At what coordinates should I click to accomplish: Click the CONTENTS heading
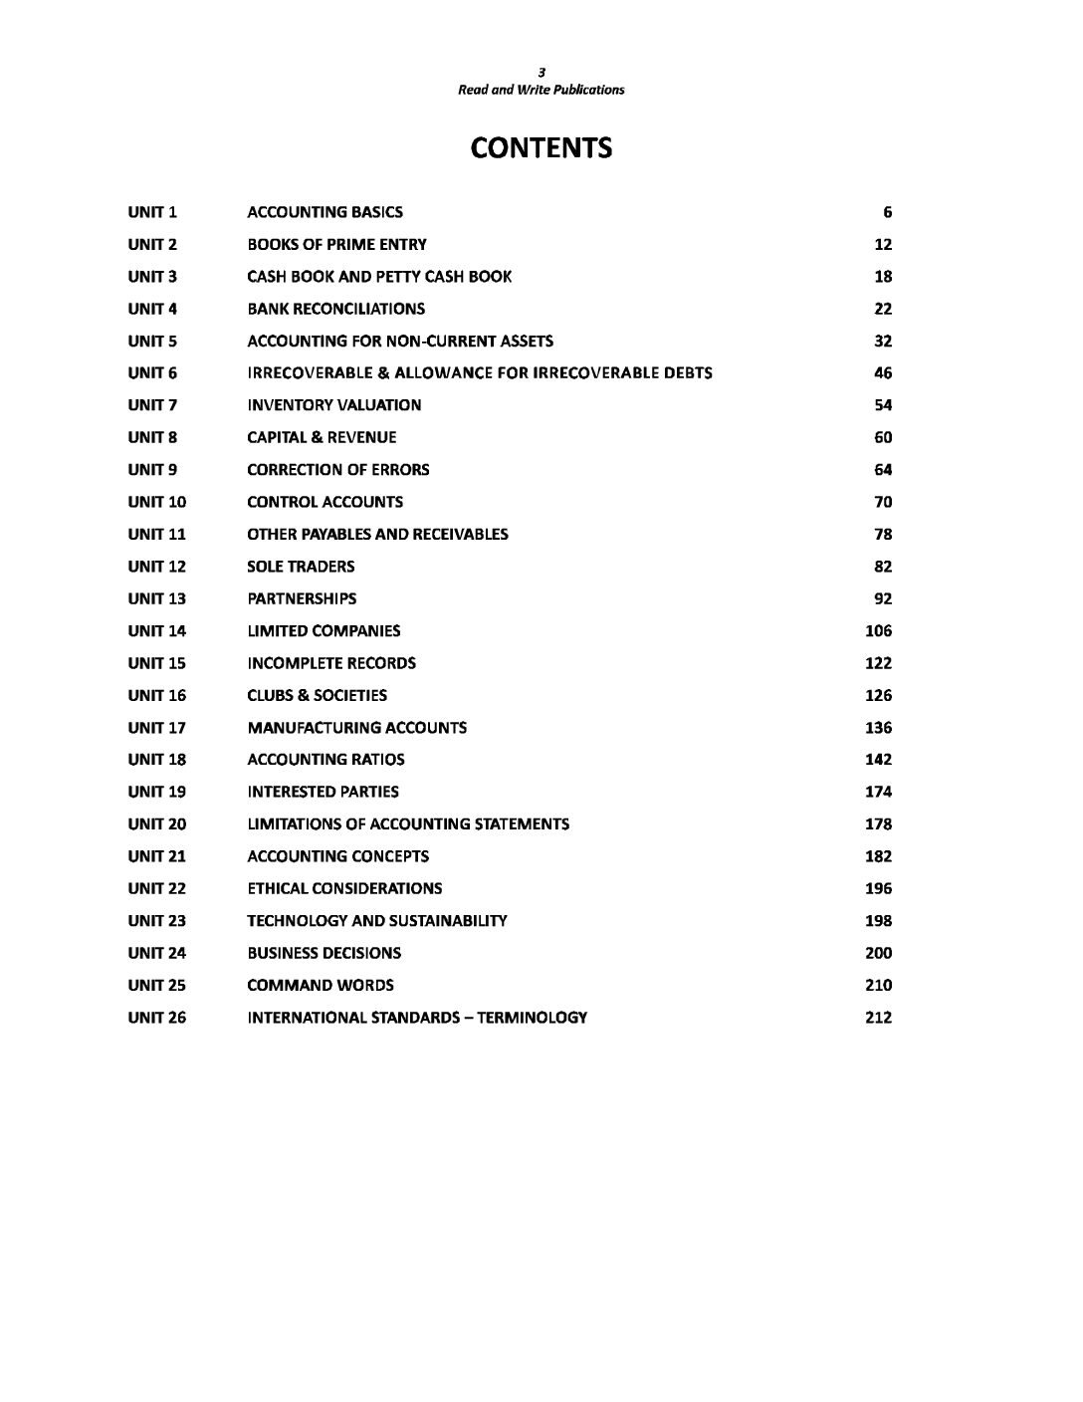[541, 148]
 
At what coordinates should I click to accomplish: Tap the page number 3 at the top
[541, 72]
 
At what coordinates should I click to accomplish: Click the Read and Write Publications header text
[541, 90]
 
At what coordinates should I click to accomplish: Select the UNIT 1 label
[152, 212]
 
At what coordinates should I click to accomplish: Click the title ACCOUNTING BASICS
[325, 212]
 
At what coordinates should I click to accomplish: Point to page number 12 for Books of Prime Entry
[883, 245]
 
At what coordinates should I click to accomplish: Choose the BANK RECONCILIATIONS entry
[335, 309]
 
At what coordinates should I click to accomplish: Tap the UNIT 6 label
[152, 373]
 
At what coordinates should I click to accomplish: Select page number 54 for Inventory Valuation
[883, 405]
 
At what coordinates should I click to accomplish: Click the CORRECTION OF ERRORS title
[337, 470]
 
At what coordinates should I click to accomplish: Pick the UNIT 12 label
[156, 567]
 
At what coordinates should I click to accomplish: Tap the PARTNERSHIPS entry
[302, 598]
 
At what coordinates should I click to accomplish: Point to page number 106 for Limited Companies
[878, 631]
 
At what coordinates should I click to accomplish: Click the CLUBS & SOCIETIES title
[317, 695]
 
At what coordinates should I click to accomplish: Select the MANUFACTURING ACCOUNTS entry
[356, 728]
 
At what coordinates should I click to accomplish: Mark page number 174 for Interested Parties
[878, 792]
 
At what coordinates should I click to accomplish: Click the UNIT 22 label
[156, 888]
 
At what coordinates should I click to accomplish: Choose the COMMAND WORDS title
[320, 985]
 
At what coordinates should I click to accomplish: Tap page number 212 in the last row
[878, 1018]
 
